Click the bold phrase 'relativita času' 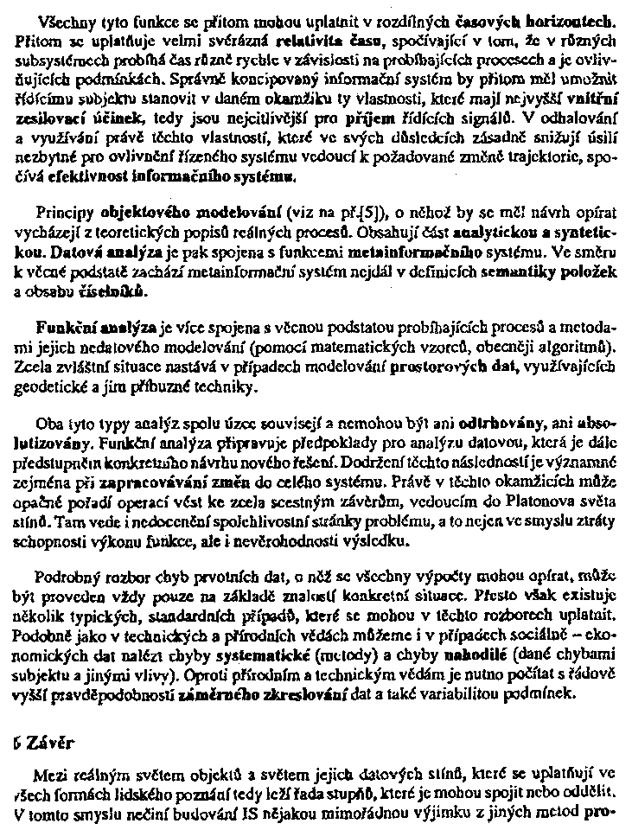(x=341, y=41)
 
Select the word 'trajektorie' (x=551, y=156)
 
